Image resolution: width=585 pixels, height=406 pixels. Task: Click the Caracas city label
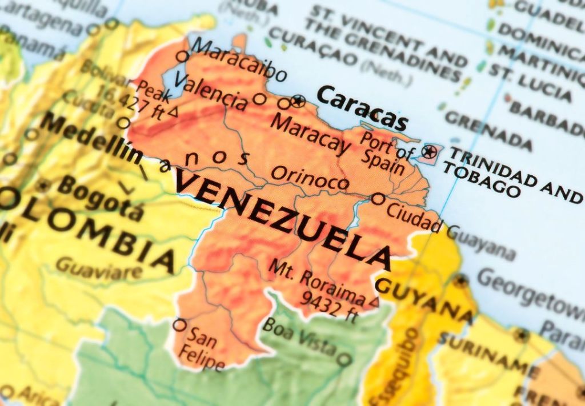[362, 108]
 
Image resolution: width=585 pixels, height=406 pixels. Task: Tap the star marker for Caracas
[297, 102]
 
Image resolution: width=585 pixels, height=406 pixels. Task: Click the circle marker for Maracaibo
[182, 56]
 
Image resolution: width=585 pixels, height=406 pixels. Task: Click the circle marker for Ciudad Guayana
[378, 199]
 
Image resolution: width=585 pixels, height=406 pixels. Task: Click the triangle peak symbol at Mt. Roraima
[374, 300]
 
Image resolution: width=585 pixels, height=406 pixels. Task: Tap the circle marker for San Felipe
[179, 325]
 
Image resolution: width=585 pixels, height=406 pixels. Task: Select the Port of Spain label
[386, 151]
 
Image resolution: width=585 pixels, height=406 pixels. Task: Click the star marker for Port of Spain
[429, 152]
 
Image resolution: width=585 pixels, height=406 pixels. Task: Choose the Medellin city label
[91, 138]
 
